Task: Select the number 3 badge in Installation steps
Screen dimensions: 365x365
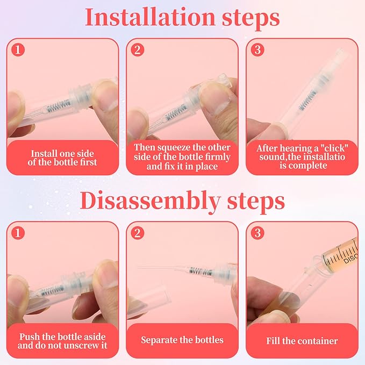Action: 257,49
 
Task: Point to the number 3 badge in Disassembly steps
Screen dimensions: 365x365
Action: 257,233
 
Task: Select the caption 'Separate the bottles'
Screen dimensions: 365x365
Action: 182,340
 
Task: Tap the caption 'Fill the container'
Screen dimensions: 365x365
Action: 302,341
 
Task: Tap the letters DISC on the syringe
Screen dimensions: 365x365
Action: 350,258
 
